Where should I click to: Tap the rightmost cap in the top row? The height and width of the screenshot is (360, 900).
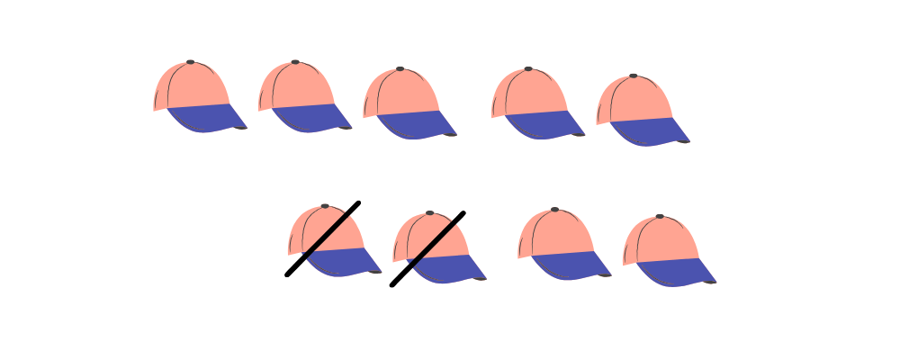[639, 109]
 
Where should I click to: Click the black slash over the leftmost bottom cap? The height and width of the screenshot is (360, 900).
[322, 238]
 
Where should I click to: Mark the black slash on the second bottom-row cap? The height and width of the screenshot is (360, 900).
[427, 249]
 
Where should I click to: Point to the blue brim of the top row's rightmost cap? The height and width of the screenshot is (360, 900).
[650, 131]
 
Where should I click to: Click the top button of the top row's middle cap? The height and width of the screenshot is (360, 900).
[400, 68]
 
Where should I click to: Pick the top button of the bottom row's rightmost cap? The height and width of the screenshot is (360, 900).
[660, 217]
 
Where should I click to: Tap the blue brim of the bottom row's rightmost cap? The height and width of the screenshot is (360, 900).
[677, 273]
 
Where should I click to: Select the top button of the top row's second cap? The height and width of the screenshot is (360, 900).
[294, 62]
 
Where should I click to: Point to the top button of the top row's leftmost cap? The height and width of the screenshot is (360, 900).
[190, 62]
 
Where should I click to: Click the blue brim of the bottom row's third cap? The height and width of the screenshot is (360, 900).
[572, 265]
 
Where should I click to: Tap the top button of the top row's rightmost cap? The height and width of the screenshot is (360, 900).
[633, 76]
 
